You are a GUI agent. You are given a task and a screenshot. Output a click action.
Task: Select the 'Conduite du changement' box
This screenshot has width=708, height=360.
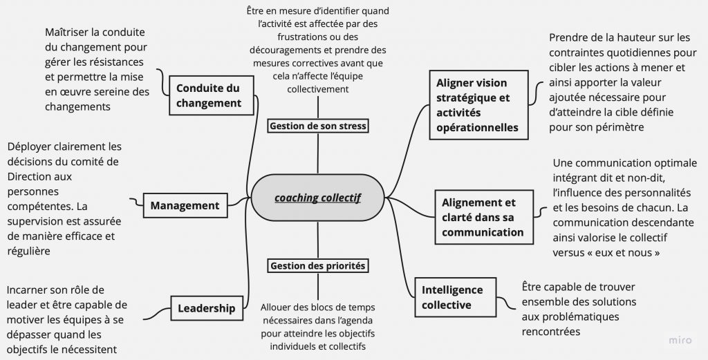pyautogui.click(x=208, y=95)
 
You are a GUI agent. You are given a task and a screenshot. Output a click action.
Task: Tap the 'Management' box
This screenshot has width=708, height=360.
pyautogui.click(x=185, y=205)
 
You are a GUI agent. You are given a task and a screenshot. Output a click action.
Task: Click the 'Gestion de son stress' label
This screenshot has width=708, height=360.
pyautogui.click(x=318, y=126)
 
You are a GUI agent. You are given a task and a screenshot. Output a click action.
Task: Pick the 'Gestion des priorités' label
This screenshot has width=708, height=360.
pyautogui.click(x=318, y=265)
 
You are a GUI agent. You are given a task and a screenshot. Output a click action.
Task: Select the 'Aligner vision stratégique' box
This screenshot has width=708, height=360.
pyautogui.click(x=478, y=104)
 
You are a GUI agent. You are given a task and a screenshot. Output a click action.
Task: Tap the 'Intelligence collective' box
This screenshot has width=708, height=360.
pyautogui.click(x=452, y=297)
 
